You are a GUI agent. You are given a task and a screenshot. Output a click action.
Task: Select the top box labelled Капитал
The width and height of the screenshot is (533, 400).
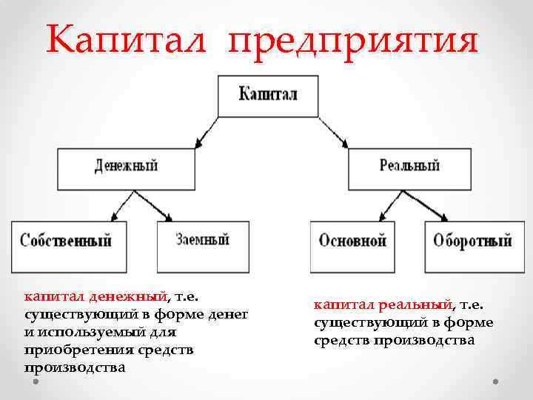(x=268, y=96)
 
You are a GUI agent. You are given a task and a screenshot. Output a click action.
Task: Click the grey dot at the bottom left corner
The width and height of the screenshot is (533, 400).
(x=33, y=384)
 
